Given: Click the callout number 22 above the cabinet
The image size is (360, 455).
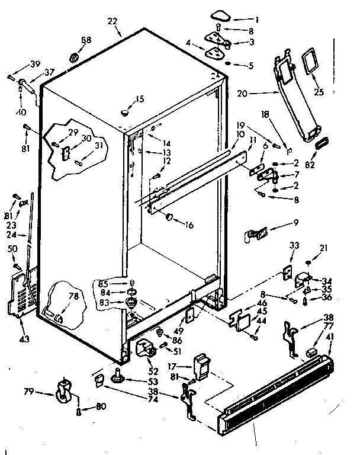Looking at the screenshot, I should point(113,22).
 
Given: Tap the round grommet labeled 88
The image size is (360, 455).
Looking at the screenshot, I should point(75,57).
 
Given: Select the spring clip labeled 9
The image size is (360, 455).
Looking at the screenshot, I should point(255,235).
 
